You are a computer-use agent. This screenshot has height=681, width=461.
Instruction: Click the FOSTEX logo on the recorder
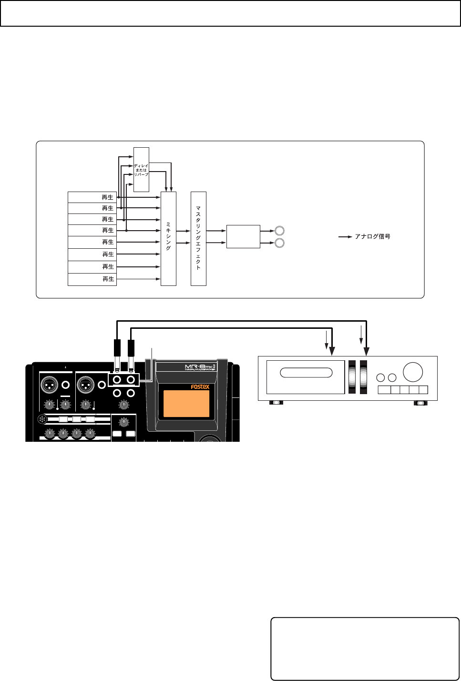pos(200,386)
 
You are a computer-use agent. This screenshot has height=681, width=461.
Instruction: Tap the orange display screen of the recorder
pos(186,404)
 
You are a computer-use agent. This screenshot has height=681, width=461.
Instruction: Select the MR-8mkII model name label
pos(200,367)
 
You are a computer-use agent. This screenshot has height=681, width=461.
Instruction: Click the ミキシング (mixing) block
pos(168,238)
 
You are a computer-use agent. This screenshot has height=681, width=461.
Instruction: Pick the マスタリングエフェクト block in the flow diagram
pos(198,238)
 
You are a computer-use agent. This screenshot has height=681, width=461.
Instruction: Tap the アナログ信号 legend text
pos(372,236)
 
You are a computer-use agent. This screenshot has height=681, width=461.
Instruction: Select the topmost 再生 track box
pos(92,197)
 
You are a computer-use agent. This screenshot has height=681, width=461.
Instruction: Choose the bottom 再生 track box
pos(92,279)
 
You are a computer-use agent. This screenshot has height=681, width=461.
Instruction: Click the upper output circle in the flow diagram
pos(280,231)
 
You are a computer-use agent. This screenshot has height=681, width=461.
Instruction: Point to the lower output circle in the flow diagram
pos(280,243)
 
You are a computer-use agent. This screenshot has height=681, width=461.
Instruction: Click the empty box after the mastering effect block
pos(243,236)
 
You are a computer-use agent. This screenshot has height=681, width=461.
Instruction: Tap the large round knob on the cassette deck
pos(413,372)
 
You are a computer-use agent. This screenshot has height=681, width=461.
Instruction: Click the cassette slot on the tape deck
pos(306,373)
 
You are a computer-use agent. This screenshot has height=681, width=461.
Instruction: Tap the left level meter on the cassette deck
pos(352,376)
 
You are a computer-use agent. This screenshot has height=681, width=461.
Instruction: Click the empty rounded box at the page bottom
pos(365,649)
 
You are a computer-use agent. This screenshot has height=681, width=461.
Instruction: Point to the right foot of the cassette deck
pos(420,403)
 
